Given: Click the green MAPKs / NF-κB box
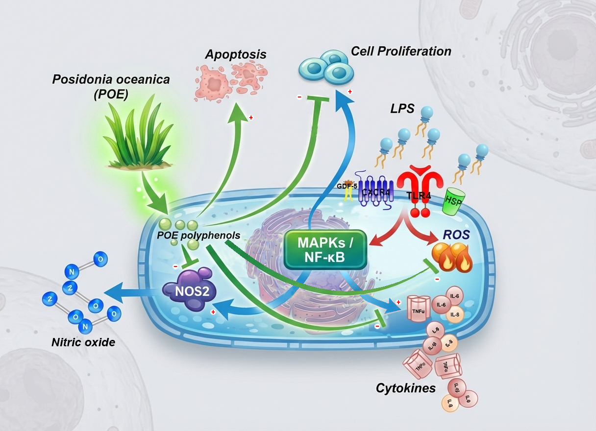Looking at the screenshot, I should pyautogui.click(x=325, y=249).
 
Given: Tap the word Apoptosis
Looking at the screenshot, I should pyautogui.click(x=236, y=54).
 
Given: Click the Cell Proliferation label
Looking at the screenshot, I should pyautogui.click(x=401, y=51).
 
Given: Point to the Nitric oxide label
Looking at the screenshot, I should pyautogui.click(x=83, y=342).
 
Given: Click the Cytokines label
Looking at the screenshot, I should pyautogui.click(x=406, y=388).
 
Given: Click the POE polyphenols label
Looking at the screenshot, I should pyautogui.click(x=199, y=236).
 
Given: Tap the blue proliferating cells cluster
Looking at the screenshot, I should pyautogui.click(x=326, y=68).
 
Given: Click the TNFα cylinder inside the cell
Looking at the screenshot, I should pyautogui.click(x=417, y=309).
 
